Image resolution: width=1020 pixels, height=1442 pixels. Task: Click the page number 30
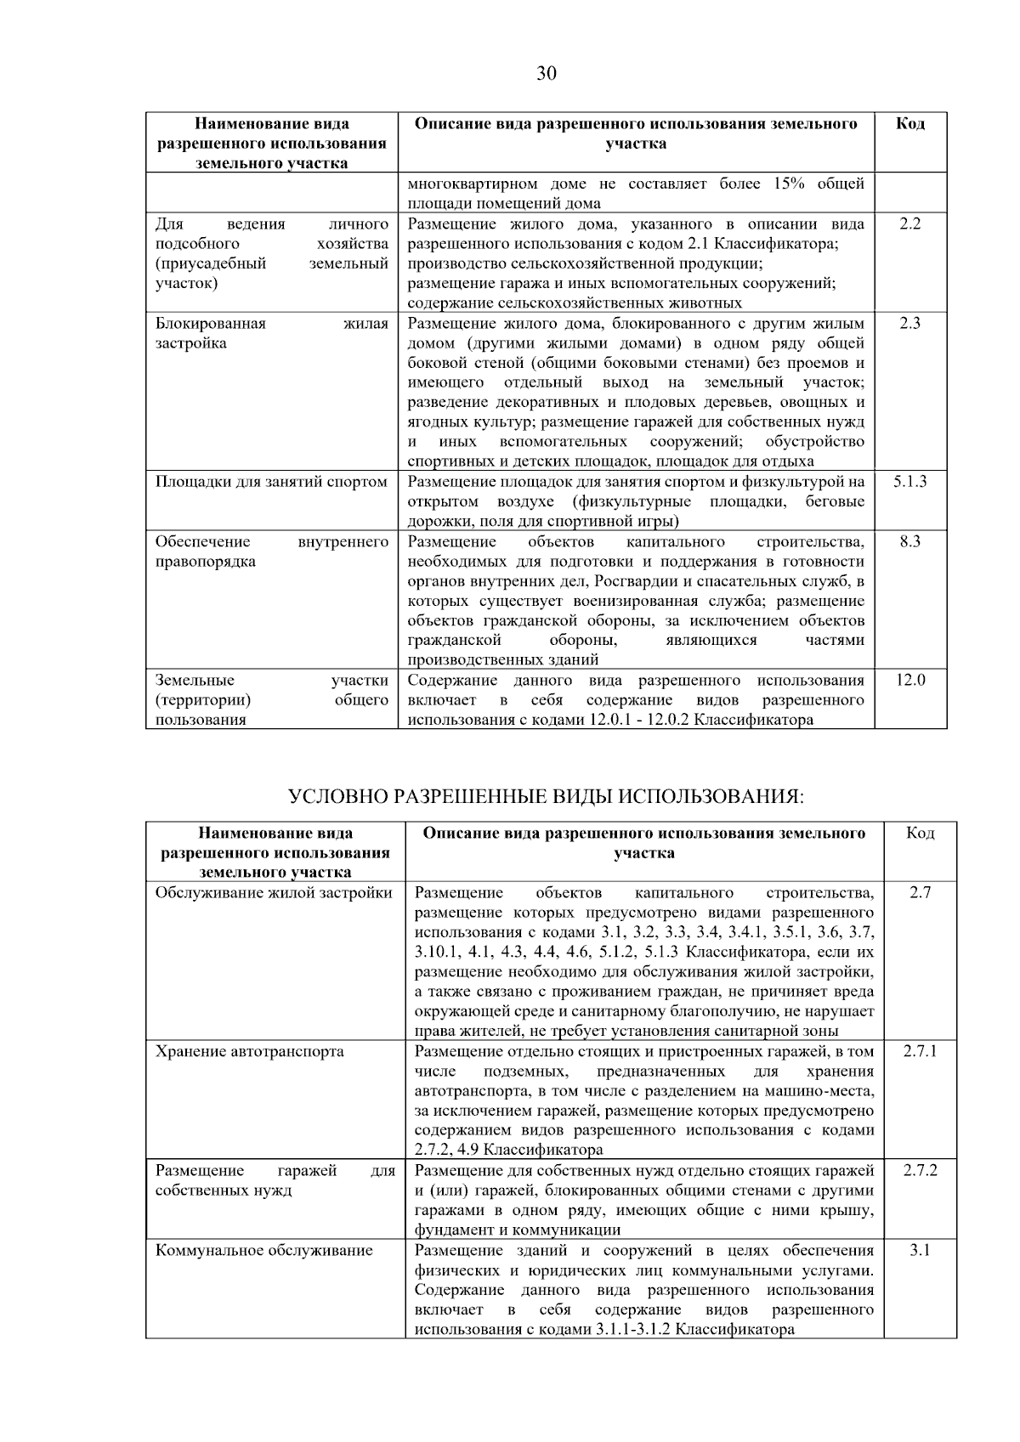[x=547, y=74]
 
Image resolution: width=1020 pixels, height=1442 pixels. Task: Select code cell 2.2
[x=909, y=224]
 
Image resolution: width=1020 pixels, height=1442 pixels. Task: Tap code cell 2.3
[x=909, y=324]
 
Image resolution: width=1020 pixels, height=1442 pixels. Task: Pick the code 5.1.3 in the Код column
[x=909, y=482]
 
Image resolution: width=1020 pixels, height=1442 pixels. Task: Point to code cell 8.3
[x=909, y=542]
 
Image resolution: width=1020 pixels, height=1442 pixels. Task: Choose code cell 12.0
[x=909, y=681]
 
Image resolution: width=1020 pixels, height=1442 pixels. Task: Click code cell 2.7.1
[x=920, y=1052]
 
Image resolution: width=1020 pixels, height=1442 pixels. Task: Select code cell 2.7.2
[x=920, y=1171]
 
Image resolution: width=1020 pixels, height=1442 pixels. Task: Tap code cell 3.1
[x=920, y=1251]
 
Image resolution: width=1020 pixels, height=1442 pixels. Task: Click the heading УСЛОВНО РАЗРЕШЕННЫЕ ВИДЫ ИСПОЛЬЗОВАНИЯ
[x=546, y=797]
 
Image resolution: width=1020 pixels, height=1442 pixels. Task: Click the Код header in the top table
[x=909, y=124]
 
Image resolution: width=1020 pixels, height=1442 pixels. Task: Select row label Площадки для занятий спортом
[x=271, y=482]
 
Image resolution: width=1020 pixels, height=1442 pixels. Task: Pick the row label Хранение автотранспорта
[x=250, y=1052]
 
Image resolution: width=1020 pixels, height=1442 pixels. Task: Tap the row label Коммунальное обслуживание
[x=264, y=1251]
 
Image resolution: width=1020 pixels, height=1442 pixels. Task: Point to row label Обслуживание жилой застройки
[x=274, y=893]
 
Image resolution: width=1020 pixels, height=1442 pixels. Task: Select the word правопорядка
[x=206, y=562]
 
